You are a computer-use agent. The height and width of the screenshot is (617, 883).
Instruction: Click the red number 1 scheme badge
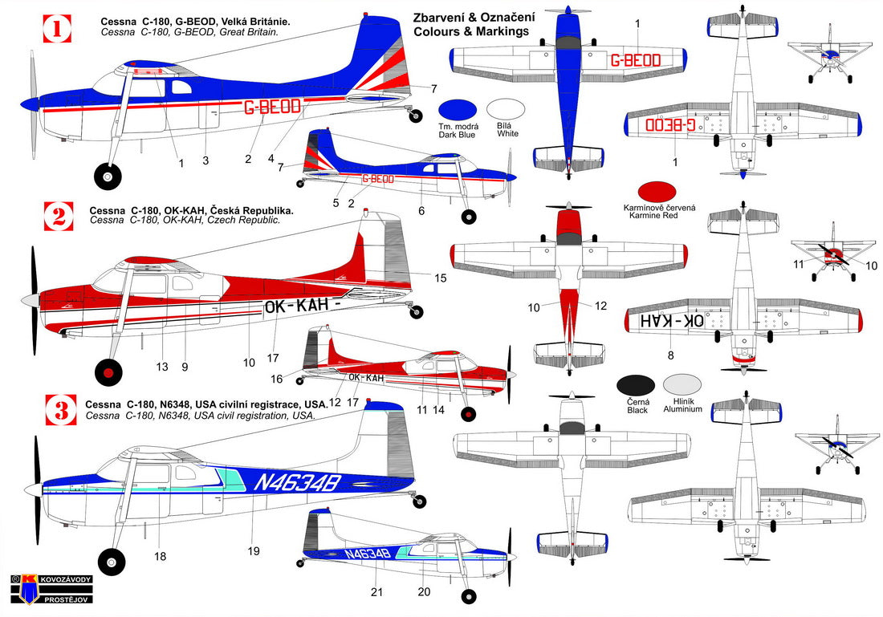[x=57, y=30]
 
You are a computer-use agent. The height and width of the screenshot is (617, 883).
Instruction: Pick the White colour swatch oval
[x=507, y=111]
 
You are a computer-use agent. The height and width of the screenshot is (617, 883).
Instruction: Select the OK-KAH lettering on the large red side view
[x=295, y=306]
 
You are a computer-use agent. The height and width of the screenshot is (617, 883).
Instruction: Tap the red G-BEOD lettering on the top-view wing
[x=635, y=60]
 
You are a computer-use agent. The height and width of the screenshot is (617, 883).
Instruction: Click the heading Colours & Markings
[x=471, y=31]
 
